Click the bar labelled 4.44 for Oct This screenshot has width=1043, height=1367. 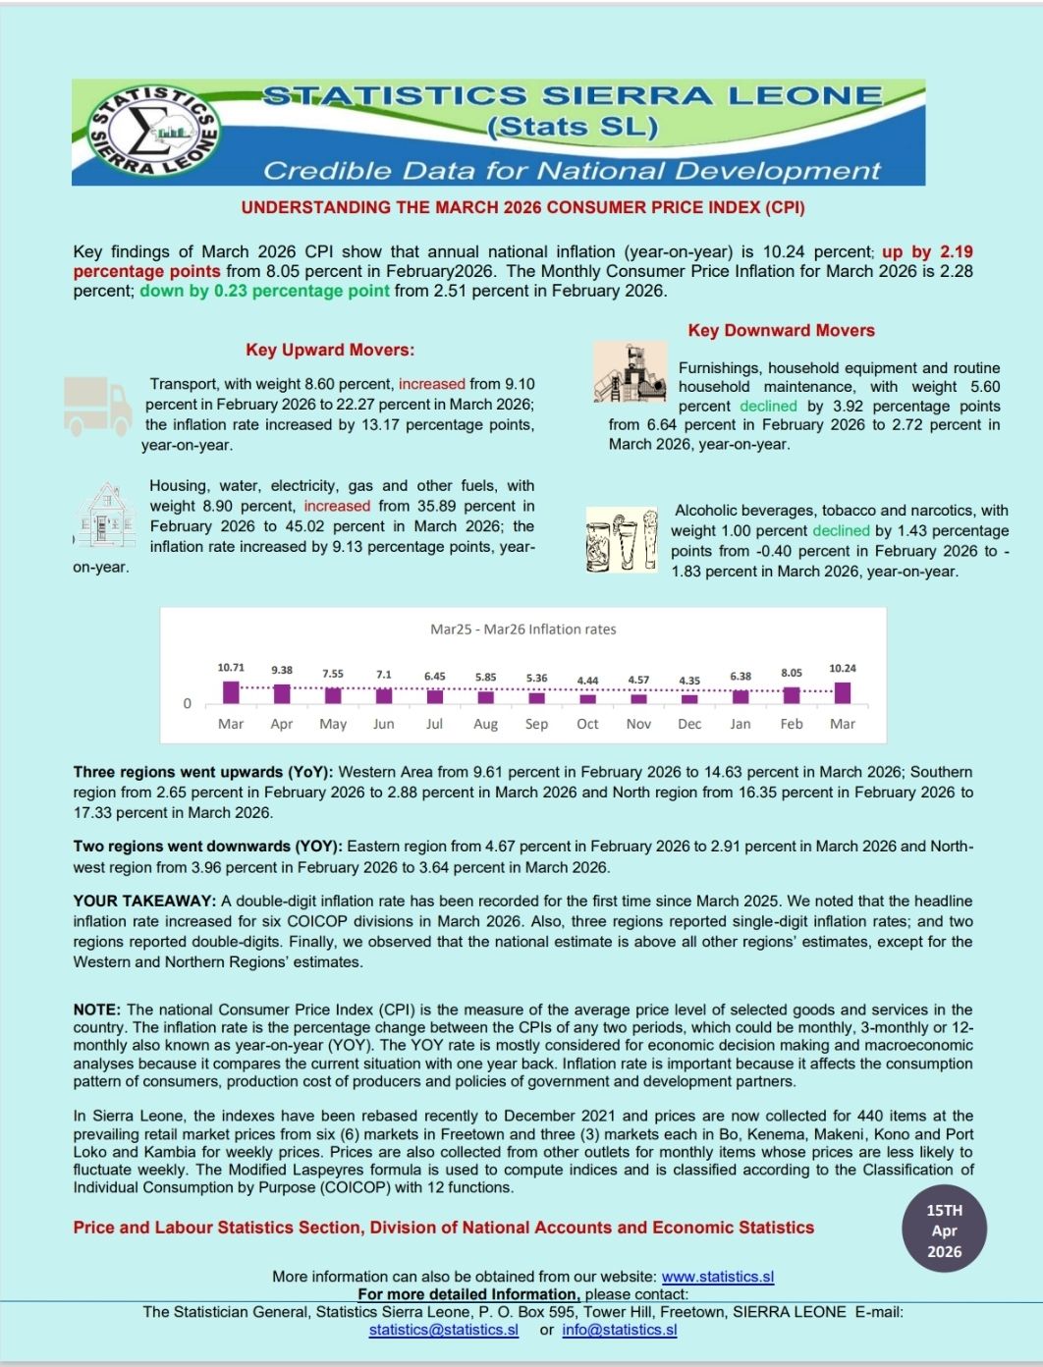[x=587, y=699]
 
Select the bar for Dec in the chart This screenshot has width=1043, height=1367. [x=689, y=699]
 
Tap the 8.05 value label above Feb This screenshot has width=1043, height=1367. [x=792, y=673]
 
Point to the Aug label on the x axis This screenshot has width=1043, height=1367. [x=485, y=724]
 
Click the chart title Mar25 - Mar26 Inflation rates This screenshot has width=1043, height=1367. [x=522, y=629]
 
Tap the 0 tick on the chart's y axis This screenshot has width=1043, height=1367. [x=188, y=703]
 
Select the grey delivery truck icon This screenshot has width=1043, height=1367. [x=97, y=405]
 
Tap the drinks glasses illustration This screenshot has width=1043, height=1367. [x=621, y=539]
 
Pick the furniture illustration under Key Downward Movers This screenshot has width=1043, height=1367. [x=630, y=372]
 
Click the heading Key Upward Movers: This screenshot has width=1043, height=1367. [x=330, y=350]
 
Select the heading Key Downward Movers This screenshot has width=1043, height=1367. [x=781, y=330]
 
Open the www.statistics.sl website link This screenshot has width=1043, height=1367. [x=718, y=1277]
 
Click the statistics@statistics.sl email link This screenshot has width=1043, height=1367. [x=444, y=1330]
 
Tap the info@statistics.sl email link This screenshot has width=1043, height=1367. [x=620, y=1330]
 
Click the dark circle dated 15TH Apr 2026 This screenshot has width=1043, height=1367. [x=944, y=1230]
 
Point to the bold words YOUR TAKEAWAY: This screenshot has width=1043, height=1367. [x=144, y=901]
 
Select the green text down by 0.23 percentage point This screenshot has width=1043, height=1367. [x=264, y=291]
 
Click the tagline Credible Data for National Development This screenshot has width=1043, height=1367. [x=572, y=171]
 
